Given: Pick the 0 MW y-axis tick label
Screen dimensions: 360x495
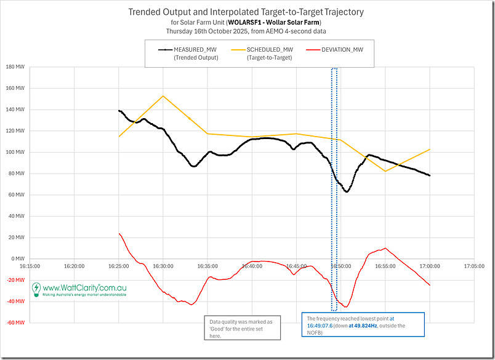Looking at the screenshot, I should (x=17, y=258).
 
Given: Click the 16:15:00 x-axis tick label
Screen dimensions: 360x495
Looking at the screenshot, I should (x=30, y=266).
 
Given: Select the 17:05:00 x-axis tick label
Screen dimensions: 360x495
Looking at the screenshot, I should (x=474, y=266).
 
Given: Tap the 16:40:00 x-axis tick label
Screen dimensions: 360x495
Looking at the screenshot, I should (x=252, y=266).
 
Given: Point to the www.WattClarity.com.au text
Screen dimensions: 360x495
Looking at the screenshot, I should (x=85, y=287).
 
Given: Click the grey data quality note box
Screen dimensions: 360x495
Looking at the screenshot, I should (x=242, y=327).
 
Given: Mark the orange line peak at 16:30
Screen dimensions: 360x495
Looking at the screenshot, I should (x=163, y=95).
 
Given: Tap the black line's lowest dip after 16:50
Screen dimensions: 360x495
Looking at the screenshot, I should (x=347, y=191).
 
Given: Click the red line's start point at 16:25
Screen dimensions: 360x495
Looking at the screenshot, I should (x=119, y=233).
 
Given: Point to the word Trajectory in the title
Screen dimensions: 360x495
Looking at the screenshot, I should (x=340, y=11).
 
